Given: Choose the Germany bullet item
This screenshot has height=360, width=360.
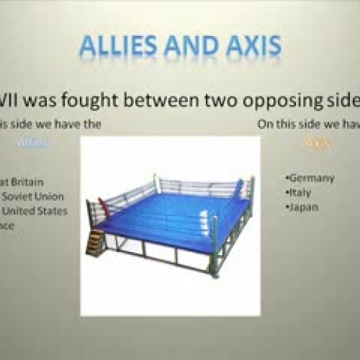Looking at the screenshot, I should (311, 179).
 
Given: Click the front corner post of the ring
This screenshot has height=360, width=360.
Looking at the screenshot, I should (214, 248).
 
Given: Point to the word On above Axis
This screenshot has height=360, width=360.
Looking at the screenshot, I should (266, 124).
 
